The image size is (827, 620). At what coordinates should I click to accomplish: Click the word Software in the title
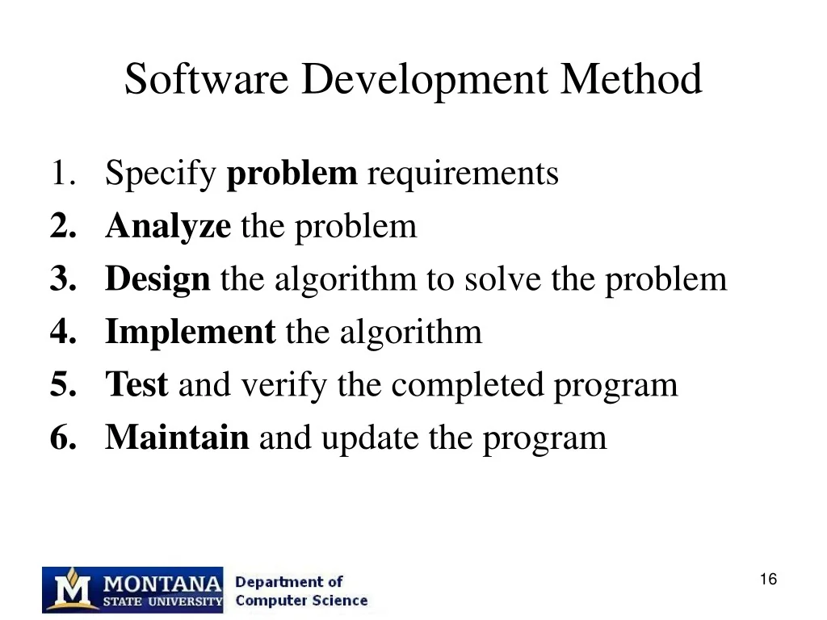tap(206, 79)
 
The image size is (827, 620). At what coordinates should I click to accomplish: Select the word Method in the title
tap(631, 79)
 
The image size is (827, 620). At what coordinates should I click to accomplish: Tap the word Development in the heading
tap(424, 82)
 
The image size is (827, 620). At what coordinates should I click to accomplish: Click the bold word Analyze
tap(168, 227)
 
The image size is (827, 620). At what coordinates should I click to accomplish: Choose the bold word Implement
tap(190, 333)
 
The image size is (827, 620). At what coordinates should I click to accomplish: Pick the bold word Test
tap(136, 383)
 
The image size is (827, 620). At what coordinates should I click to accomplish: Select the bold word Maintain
tap(177, 437)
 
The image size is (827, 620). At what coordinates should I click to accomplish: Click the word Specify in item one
tap(161, 174)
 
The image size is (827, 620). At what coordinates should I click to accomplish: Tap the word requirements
tap(463, 175)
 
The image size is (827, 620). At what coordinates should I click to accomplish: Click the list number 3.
tap(63, 278)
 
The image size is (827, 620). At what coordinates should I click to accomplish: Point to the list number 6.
tap(63, 437)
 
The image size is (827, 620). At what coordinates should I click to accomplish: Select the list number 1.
tap(63, 173)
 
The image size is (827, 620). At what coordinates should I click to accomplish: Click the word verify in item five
tap(283, 385)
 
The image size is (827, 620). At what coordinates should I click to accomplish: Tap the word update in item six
tap(370, 439)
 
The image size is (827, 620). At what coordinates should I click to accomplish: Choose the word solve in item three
tap(502, 279)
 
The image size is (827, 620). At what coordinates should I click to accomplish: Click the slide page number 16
tap(769, 579)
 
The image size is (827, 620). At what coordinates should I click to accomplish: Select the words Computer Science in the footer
tap(301, 601)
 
